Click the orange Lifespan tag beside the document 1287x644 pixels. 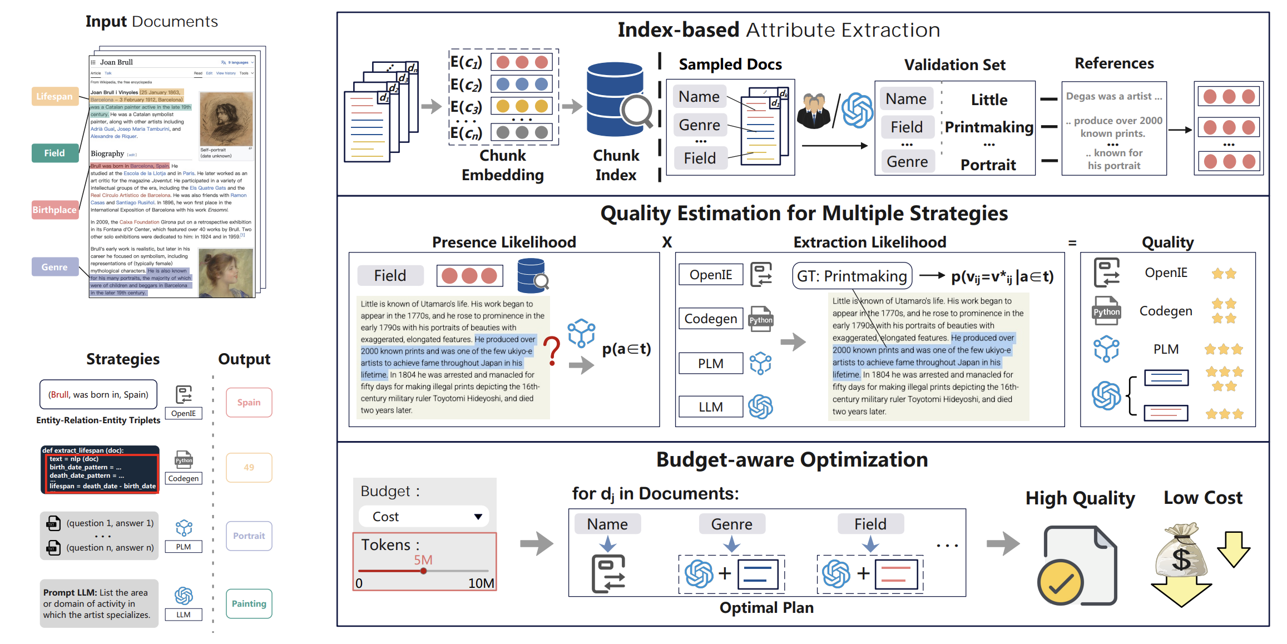click(55, 96)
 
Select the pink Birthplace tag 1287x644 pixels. click(55, 210)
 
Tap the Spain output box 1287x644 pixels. click(249, 402)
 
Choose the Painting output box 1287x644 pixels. click(249, 603)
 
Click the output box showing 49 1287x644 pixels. click(249, 467)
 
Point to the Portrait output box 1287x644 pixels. click(249, 536)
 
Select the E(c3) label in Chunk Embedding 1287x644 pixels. click(466, 106)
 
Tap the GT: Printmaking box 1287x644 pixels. click(852, 276)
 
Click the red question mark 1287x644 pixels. click(552, 350)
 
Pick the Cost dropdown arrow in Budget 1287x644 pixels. click(478, 517)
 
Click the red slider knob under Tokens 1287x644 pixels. click(423, 571)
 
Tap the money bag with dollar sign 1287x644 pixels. click(1181, 553)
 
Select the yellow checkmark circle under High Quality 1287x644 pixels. click(1060, 582)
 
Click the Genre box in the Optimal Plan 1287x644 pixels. click(731, 524)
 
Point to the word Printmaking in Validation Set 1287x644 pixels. click(989, 127)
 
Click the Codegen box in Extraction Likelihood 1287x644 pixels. click(710, 319)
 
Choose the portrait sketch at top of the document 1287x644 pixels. click(226, 118)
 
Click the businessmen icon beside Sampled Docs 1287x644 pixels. click(814, 111)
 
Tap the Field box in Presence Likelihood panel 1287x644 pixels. click(390, 275)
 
